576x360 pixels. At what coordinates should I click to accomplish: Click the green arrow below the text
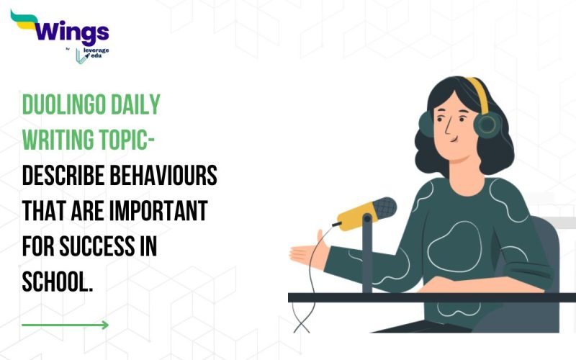pos(66,325)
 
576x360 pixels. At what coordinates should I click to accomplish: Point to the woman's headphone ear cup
pos(487,124)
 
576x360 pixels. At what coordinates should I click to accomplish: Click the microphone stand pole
pos(367,259)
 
